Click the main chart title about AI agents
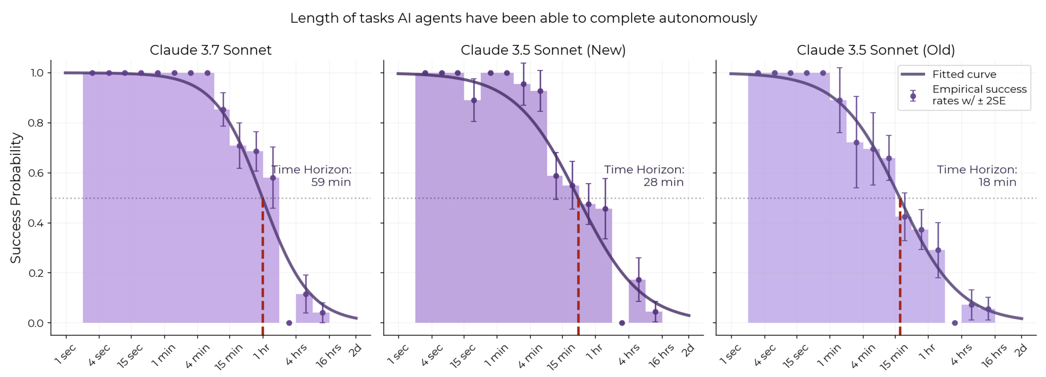coord(523,18)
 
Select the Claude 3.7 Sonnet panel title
coord(210,50)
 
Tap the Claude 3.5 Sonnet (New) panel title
coord(543,50)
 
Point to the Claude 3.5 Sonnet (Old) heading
coord(875,50)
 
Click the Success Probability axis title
coord(16,198)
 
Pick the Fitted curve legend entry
coord(964,74)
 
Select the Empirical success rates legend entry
coord(979,95)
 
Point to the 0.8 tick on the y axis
coord(36,123)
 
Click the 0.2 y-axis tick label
coord(36,273)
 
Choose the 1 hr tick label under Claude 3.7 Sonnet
coord(262,351)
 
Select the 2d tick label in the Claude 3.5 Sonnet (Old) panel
coord(1020,350)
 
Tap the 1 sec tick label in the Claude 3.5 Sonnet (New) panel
coord(397,354)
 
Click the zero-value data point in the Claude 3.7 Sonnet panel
coord(289,323)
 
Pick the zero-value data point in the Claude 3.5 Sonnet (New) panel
coord(622,323)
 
